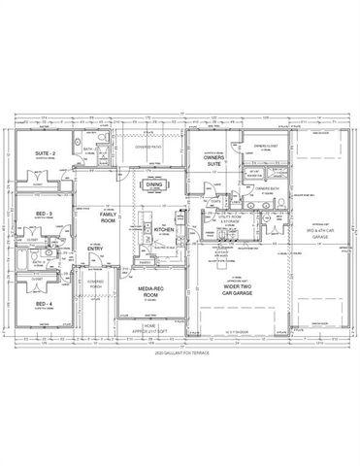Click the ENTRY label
95,249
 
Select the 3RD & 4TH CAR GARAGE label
318,232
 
